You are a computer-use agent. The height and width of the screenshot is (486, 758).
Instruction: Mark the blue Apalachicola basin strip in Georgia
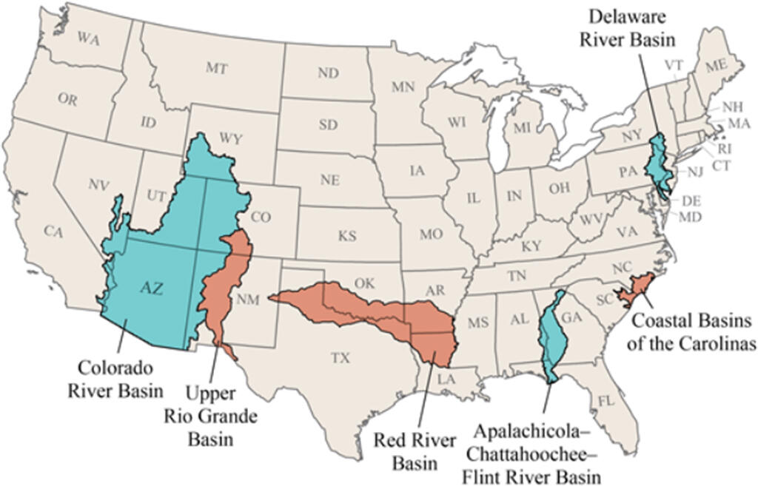point(551,333)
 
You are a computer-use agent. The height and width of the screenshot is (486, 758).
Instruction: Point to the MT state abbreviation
point(216,68)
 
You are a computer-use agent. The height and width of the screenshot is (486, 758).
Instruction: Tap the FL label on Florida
point(606,403)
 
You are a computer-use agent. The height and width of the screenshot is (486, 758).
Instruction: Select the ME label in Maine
point(715,66)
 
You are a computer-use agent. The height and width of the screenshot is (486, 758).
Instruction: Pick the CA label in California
point(52,232)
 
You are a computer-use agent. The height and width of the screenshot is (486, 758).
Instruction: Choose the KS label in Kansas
point(347,237)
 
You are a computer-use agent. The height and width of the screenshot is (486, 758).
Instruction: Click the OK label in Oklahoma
point(364,283)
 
